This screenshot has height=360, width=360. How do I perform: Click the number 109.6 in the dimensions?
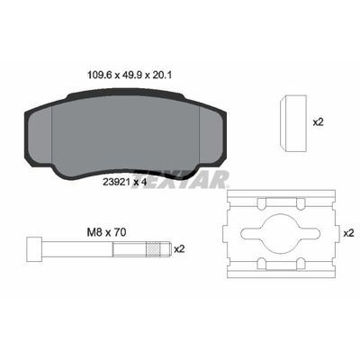(88, 76)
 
